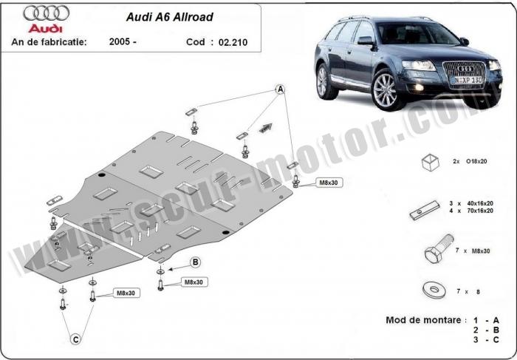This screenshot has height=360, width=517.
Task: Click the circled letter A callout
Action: pyautogui.click(x=281, y=89)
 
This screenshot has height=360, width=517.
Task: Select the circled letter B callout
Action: pyautogui.click(x=196, y=262)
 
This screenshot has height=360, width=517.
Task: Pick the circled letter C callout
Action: pyautogui.click(x=75, y=339)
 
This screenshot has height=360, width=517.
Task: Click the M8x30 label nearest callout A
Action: pyautogui.click(x=328, y=182)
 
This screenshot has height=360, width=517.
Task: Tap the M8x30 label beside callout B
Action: pyautogui.click(x=194, y=282)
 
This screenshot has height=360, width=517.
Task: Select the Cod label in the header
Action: pyautogui.click(x=196, y=42)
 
